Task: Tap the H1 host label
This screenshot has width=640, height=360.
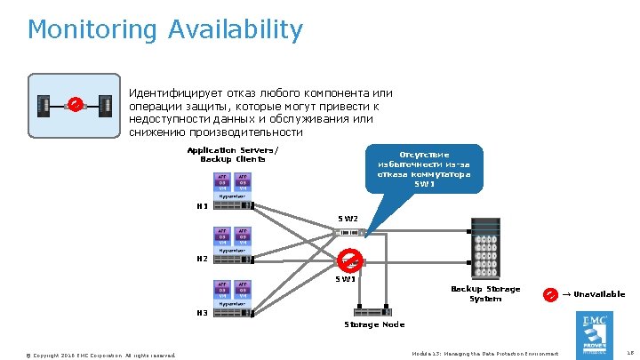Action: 202,207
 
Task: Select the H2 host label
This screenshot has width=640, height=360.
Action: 202,260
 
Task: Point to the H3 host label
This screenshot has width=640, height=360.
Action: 202,313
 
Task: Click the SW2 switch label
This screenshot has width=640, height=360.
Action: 348,219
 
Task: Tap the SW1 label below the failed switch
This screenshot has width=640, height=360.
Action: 346,280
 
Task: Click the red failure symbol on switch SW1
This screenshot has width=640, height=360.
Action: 350,260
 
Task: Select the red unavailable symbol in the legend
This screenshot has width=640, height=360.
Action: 550,294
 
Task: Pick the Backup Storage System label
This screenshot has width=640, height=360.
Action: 485,294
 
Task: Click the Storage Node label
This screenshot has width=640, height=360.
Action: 373,324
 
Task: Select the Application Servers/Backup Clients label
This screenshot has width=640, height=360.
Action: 232,155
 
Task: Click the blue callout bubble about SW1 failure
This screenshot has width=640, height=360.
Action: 424,169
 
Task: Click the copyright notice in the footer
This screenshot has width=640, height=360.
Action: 101,356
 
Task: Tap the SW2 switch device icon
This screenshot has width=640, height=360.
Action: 349,232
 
